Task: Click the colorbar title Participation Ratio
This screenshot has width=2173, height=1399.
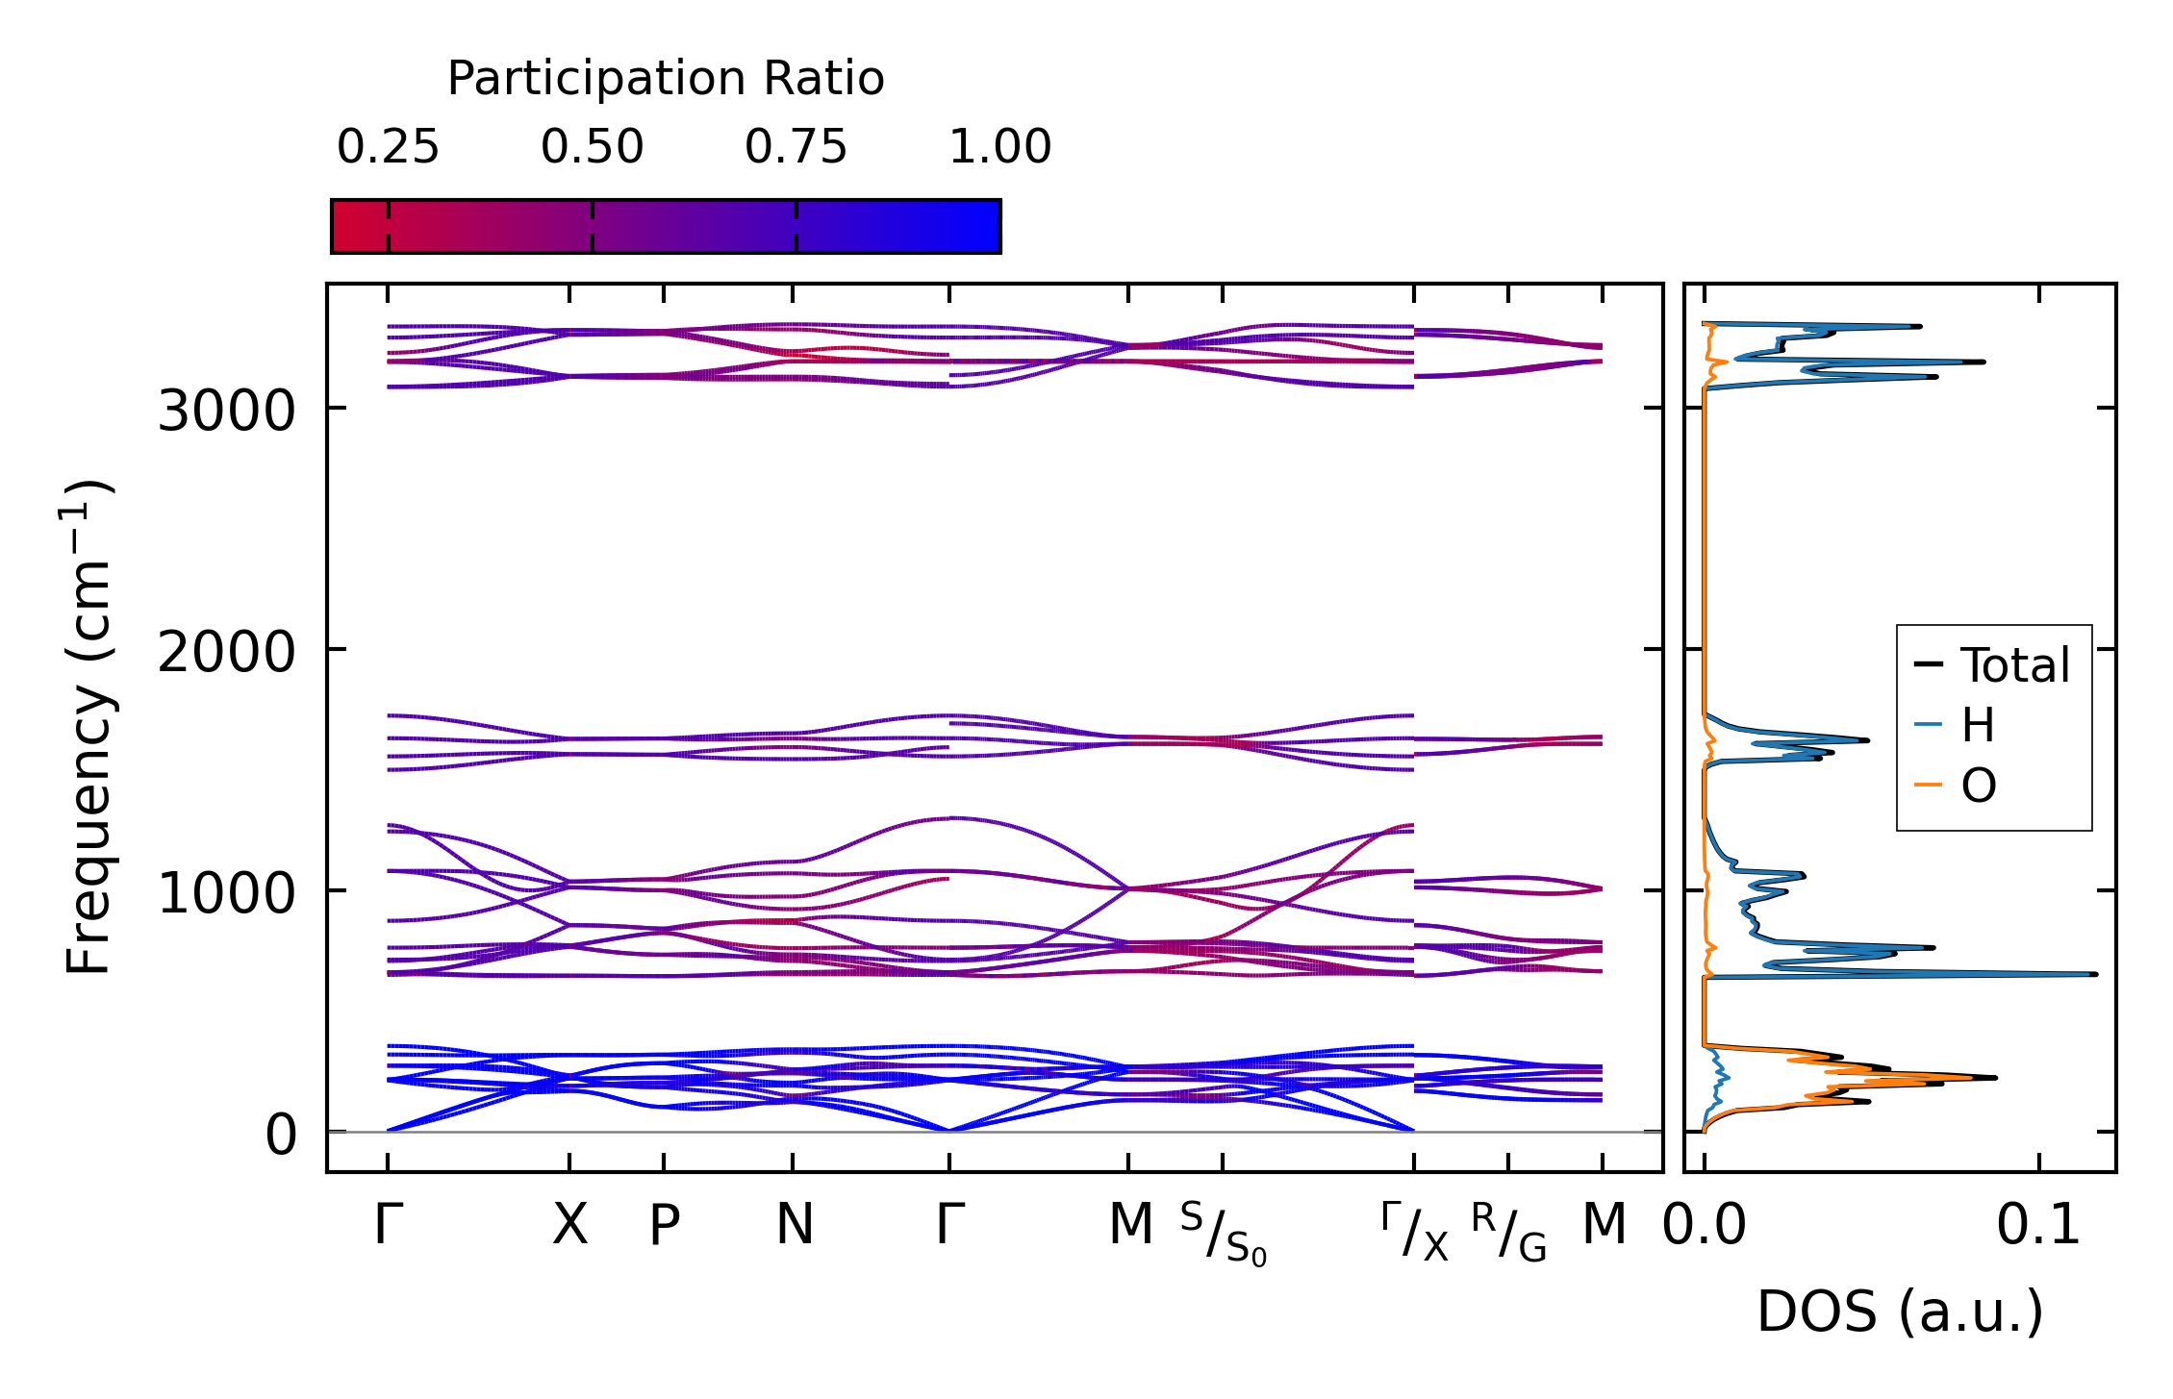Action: click(x=665, y=79)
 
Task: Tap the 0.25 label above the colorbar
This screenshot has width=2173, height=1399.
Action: click(x=388, y=147)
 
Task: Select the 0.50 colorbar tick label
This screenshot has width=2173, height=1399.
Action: click(x=592, y=147)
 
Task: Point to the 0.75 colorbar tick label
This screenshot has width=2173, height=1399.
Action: click(x=796, y=147)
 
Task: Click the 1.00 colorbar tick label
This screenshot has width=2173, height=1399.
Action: click(x=999, y=147)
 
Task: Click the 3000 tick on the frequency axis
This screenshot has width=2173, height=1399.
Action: click(x=226, y=412)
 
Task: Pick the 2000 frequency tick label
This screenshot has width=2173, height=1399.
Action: click(x=226, y=653)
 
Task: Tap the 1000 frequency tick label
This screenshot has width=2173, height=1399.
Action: click(x=226, y=893)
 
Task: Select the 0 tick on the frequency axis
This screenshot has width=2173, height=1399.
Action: click(x=281, y=1135)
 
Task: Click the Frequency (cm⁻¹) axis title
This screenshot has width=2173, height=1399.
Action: click(x=89, y=727)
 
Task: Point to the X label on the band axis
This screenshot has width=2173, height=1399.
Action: click(x=569, y=1225)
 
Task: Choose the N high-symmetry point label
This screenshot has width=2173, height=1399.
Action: click(x=795, y=1225)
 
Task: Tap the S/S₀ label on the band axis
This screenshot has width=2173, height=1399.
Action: click(x=1224, y=1235)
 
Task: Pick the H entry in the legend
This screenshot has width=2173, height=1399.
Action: click(x=1978, y=725)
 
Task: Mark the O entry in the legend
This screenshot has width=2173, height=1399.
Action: click(x=1979, y=787)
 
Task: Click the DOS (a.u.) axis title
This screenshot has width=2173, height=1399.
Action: click(x=1900, y=1312)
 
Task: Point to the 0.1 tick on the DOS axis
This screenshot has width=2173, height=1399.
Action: click(x=2038, y=1226)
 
